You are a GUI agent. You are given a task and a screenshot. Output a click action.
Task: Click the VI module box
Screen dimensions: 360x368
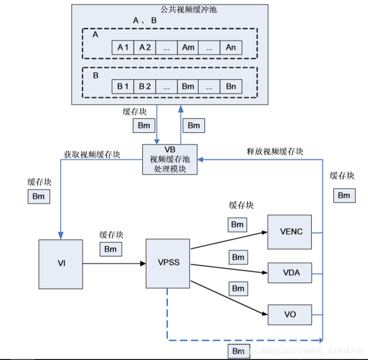pyautogui.click(x=61, y=264)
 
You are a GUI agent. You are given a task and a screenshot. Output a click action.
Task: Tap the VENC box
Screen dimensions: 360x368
pyautogui.click(x=289, y=232)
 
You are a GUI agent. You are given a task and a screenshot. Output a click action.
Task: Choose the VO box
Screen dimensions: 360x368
pyautogui.click(x=289, y=314)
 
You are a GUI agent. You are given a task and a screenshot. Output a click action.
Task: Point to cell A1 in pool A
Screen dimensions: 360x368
pyautogui.click(x=123, y=48)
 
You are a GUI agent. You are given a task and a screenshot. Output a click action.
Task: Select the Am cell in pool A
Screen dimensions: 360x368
pyautogui.click(x=188, y=48)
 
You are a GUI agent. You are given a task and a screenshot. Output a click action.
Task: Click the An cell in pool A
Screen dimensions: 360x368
pyautogui.click(x=231, y=48)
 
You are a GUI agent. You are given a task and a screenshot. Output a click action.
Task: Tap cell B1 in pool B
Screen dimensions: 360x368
pyautogui.click(x=123, y=86)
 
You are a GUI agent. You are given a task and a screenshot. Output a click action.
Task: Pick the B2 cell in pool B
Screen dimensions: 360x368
pyautogui.click(x=145, y=86)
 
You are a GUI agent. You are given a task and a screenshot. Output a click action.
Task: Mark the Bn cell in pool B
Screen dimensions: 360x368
pyautogui.click(x=231, y=86)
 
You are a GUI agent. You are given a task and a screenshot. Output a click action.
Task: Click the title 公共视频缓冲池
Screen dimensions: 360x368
pyautogui.click(x=171, y=10)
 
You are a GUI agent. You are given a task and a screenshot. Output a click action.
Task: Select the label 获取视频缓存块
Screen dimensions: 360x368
pyautogui.click(x=92, y=154)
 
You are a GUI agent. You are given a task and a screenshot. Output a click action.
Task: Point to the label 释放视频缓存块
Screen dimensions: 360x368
pyautogui.click(x=275, y=151)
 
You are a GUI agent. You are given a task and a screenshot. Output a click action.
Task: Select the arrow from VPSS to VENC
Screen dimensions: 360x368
pyautogui.click(x=229, y=240)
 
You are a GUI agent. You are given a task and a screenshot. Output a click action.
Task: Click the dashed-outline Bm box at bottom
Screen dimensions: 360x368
pyautogui.click(x=239, y=351)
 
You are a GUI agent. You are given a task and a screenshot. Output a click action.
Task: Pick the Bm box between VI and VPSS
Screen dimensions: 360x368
pyautogui.click(x=110, y=249)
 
